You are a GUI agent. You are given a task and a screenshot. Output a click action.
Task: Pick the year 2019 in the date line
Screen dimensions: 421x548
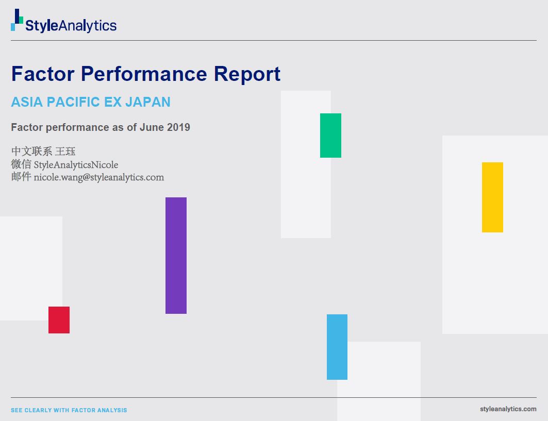tap(178, 127)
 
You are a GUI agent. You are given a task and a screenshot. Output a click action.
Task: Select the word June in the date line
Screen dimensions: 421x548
tap(152, 127)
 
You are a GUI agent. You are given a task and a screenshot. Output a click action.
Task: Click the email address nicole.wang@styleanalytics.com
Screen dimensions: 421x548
tap(99, 177)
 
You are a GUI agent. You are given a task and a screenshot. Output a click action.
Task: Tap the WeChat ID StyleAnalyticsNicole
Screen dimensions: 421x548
tap(76, 165)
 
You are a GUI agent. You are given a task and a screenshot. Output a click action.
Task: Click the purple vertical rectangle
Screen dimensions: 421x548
tap(176, 255)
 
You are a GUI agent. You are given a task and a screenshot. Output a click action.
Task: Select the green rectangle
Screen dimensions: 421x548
tap(330, 136)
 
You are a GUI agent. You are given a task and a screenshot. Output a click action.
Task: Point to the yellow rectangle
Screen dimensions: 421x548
tap(492, 197)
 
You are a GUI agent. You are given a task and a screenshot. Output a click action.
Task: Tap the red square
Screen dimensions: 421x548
tap(59, 320)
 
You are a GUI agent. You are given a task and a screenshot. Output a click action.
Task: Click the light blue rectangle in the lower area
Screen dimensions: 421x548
tap(337, 347)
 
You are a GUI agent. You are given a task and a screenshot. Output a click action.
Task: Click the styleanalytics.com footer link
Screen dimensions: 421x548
tap(508, 409)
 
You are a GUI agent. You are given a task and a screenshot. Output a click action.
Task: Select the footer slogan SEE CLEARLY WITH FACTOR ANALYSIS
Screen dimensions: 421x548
tap(69, 410)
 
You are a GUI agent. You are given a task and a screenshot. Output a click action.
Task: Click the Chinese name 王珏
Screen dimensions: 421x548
tap(65, 151)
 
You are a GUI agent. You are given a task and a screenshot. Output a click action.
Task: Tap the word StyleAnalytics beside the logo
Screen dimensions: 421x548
tap(71, 25)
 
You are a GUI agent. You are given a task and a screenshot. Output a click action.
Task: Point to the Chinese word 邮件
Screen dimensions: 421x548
tap(21, 177)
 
